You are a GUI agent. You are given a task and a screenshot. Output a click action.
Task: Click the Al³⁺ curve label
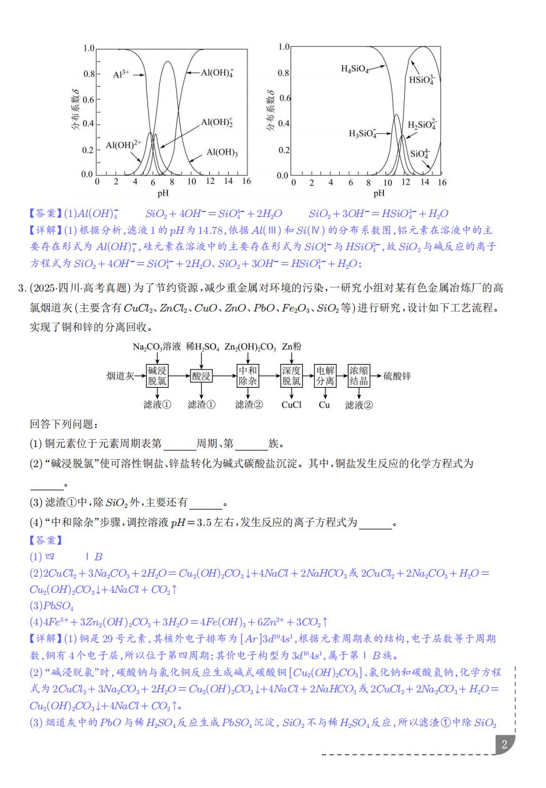click(x=121, y=73)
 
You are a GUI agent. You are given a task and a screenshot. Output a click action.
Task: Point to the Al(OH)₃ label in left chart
click(x=222, y=152)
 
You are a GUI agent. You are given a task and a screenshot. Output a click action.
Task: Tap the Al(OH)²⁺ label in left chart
click(x=123, y=145)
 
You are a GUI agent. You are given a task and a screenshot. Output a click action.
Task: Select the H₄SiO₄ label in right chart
click(x=355, y=69)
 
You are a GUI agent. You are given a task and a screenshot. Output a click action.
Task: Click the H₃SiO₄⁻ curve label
click(x=362, y=133)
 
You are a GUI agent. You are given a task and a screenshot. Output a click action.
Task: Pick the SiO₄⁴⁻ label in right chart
click(x=420, y=153)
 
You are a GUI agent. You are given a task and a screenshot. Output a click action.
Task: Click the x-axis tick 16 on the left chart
click(x=246, y=181)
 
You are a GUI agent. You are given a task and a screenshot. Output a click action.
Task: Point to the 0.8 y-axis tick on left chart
click(x=87, y=74)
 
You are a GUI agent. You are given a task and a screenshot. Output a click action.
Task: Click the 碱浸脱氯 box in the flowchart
click(x=157, y=375)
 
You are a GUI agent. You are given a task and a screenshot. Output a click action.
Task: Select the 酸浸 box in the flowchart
click(x=201, y=376)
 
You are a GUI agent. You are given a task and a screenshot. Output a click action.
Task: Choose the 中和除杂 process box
click(x=248, y=375)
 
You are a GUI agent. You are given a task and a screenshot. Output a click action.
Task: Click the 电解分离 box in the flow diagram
click(x=324, y=375)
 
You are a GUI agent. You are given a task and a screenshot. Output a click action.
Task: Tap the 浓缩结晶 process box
click(x=359, y=375)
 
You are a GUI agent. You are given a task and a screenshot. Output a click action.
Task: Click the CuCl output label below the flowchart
click(x=291, y=405)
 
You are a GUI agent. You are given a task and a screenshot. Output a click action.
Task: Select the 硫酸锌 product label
click(x=397, y=376)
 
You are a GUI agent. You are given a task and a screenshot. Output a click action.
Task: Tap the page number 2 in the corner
click(x=504, y=744)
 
